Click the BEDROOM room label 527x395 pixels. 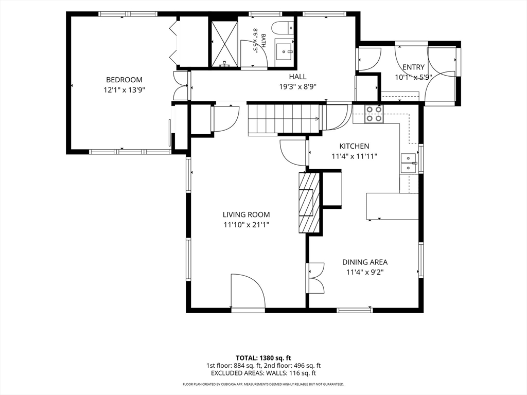(x=124, y=80)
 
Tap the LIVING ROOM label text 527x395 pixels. (x=247, y=214)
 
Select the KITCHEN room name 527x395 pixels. (x=354, y=146)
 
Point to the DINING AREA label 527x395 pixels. (x=365, y=262)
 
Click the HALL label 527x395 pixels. (x=298, y=77)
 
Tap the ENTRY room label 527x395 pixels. (x=413, y=67)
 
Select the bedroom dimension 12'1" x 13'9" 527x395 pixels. (x=124, y=90)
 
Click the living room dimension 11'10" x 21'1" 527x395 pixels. (x=247, y=225)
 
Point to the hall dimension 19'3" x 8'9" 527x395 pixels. (x=298, y=87)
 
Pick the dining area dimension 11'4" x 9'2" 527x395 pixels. (x=365, y=272)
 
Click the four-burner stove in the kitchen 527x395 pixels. (x=374, y=114)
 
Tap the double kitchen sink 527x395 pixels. (x=409, y=163)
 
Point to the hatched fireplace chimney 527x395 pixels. (x=308, y=203)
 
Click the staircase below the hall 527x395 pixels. (x=284, y=119)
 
